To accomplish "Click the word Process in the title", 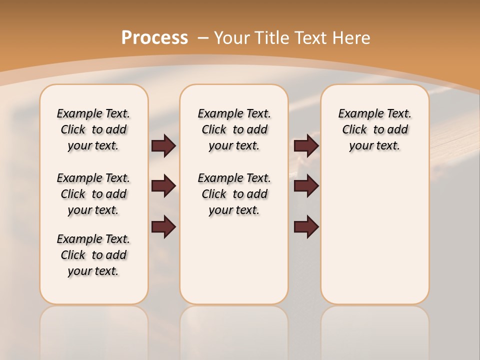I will (154, 38).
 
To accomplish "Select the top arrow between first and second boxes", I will (163, 145).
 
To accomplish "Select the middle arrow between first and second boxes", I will (163, 186).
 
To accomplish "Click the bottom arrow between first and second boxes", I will (163, 226).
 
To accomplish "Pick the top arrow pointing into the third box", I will (306, 145).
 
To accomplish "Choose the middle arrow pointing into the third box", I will (306, 186).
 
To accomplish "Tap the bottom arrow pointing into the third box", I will (306, 226).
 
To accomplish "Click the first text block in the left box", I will (93, 129).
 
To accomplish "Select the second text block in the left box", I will (93, 194).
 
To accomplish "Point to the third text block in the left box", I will (93, 255).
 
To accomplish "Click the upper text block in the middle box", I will (234, 129).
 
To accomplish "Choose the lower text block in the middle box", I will (234, 194).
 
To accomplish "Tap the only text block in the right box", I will (374, 129).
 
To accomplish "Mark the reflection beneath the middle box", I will (234, 330).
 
